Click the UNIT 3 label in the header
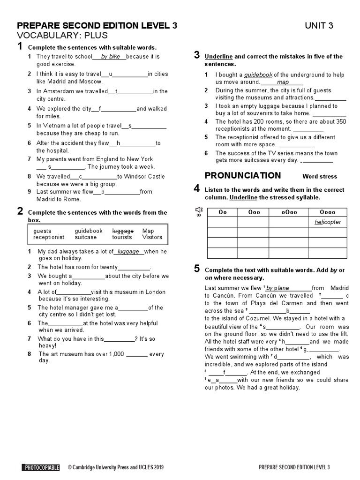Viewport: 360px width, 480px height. pos(319,26)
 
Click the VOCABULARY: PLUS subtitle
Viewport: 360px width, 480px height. pos(62,36)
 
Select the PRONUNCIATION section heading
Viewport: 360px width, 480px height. pos(243,176)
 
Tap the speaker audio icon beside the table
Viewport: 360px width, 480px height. pos(199,210)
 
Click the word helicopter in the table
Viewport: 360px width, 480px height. pos(328,222)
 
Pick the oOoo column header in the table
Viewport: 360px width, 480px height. pos(284,212)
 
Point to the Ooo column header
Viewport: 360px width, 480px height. pos(253,212)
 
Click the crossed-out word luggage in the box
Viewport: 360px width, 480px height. pos(123,231)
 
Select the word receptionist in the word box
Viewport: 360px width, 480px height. pos(49,237)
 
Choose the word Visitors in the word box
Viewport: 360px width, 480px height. pos(152,237)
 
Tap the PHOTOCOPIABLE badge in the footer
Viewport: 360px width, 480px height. pos(41,467)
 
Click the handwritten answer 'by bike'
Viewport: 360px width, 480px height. pos(111,57)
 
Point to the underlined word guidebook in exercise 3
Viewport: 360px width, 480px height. pos(258,75)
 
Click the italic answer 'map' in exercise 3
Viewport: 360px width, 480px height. pos(283,82)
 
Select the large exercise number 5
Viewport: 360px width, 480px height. pos(197,269)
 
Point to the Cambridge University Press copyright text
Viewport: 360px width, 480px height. pos(116,467)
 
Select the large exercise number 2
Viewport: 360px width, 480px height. pos(20,211)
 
